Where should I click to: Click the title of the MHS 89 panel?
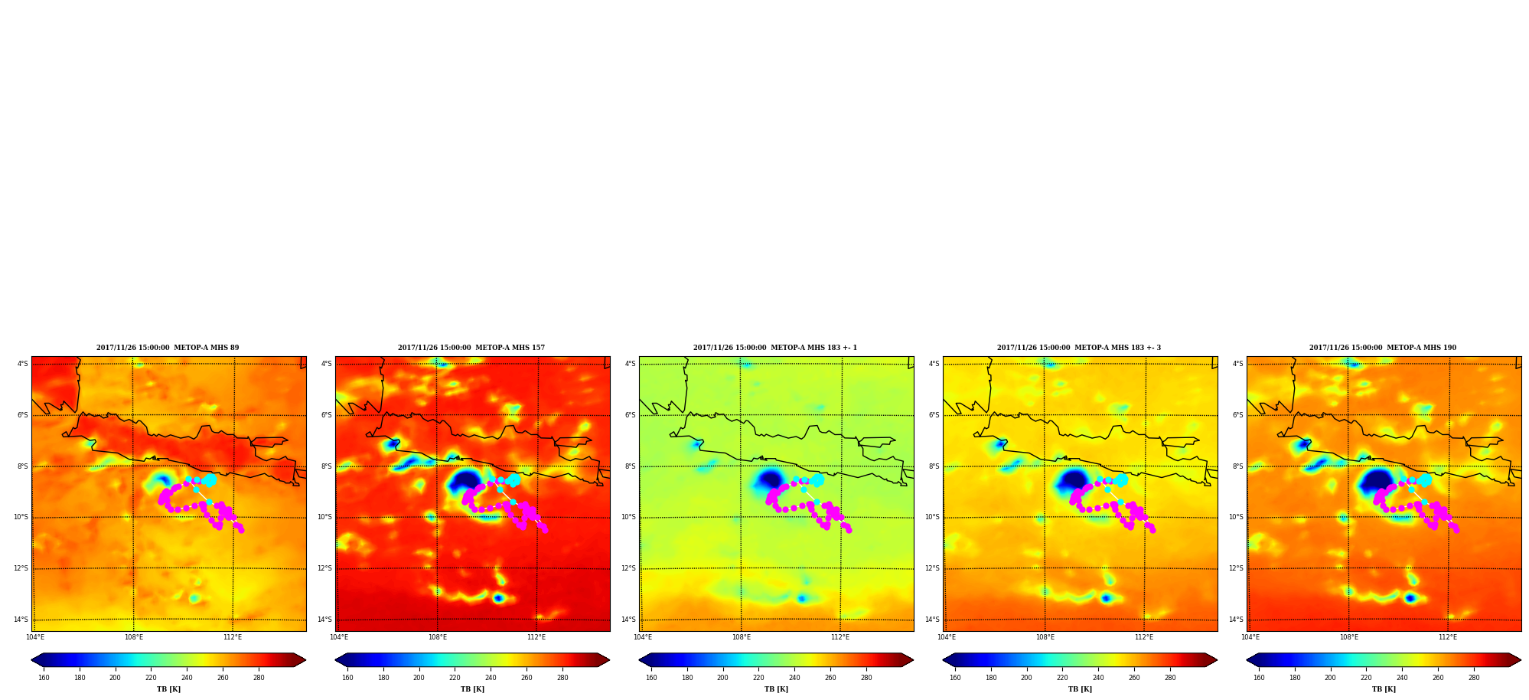point(168,348)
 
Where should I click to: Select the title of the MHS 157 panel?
point(471,348)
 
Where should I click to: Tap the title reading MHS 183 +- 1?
point(775,348)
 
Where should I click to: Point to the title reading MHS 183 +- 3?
point(1079,348)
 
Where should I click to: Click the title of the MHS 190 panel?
point(1383,348)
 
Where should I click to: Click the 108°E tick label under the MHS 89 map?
point(134,637)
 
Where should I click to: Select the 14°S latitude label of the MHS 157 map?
point(324,620)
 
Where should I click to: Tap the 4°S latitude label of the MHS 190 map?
point(1237,364)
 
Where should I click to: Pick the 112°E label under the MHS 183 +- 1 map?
point(840,637)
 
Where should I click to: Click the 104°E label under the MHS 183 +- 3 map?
point(947,637)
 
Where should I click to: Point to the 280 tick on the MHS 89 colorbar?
point(259,678)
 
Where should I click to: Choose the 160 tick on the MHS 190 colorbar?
point(1259,678)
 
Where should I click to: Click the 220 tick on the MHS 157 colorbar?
point(455,678)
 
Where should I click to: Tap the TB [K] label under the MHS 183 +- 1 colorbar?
point(776,689)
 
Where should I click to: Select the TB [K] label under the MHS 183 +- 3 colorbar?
point(1080,689)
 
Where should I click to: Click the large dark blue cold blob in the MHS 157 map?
point(464,482)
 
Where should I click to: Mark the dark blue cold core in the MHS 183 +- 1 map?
point(769,481)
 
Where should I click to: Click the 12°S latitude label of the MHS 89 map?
point(21,568)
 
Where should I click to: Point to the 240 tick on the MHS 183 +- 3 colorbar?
point(1098,678)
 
